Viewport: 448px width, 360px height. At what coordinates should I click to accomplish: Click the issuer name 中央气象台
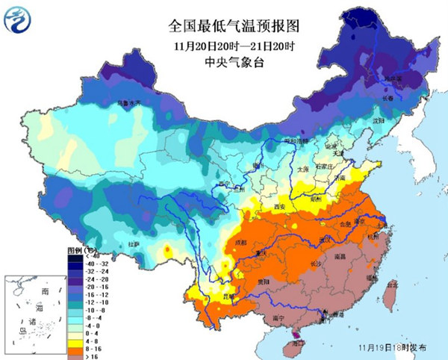pyautogui.click(x=225, y=61)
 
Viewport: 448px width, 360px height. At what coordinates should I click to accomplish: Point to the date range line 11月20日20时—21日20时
pyautogui.click(x=225, y=45)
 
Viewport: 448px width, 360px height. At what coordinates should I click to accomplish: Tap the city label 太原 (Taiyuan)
pyautogui.click(x=302, y=170)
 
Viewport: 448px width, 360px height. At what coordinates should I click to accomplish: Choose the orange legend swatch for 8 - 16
pyautogui.click(x=75, y=348)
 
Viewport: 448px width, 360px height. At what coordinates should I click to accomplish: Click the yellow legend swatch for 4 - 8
pyautogui.click(x=75, y=340)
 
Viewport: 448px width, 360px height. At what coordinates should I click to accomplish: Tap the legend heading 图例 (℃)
pyautogui.click(x=78, y=249)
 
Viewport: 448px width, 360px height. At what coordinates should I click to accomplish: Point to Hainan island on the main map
pyautogui.click(x=299, y=343)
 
